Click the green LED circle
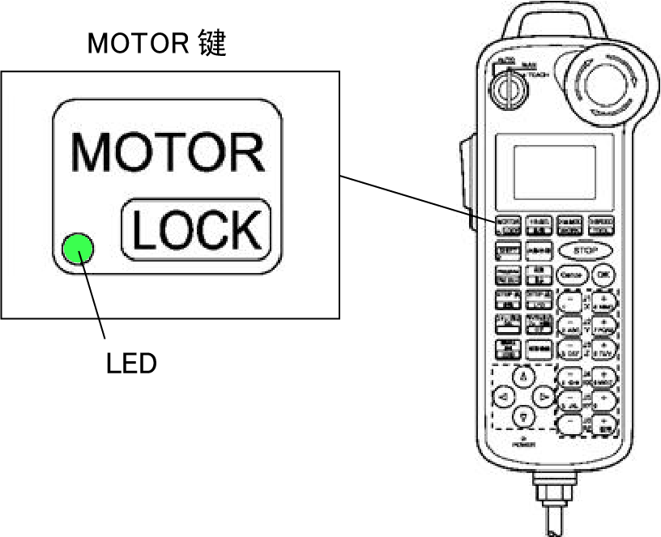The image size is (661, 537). pos(79,248)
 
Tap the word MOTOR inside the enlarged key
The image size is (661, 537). pos(168,151)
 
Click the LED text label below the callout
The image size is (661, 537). pos(131,364)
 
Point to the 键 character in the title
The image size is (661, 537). pos(212,44)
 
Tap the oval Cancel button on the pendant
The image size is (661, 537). pos(570,275)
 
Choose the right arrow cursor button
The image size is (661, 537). pos(544,397)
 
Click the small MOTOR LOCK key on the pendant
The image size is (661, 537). pos(507,224)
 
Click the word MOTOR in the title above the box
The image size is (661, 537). pos(138,44)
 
